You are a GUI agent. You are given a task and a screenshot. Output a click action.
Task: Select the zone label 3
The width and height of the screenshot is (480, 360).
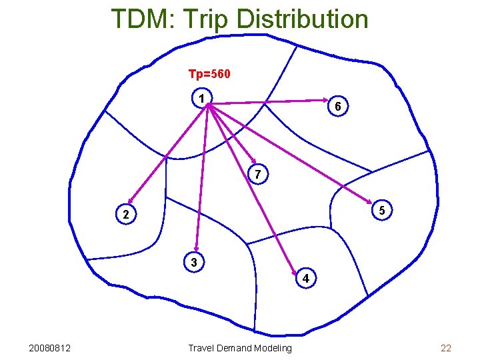[193, 263]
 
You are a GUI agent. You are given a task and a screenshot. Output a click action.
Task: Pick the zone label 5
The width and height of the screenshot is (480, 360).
[381, 210]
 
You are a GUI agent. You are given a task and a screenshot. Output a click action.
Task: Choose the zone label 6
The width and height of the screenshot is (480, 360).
[338, 107]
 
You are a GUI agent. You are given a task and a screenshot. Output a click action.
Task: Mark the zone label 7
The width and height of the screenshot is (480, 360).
[257, 175]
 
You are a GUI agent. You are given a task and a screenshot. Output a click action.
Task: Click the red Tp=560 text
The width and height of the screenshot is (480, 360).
[209, 74]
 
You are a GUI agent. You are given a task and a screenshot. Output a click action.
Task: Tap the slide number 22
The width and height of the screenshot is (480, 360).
[446, 348]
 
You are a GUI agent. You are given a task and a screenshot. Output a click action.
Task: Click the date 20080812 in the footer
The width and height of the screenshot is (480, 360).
[51, 348]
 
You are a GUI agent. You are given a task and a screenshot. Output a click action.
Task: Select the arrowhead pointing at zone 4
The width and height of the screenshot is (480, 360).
[295, 271]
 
